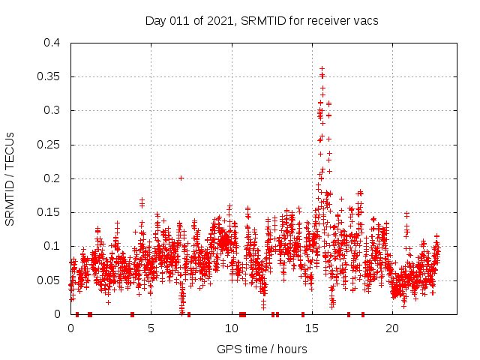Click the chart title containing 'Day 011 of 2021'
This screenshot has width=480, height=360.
[262, 21]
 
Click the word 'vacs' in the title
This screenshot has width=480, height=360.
[366, 21]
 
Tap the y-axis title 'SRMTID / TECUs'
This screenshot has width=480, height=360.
[10, 178]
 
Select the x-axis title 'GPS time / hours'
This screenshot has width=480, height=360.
[262, 349]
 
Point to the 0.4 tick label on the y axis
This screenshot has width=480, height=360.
[52, 43]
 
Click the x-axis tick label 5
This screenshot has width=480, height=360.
[151, 328]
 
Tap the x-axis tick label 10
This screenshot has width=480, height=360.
[231, 328]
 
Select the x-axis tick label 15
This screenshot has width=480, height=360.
[312, 328]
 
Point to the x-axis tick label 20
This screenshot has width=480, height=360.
[392, 328]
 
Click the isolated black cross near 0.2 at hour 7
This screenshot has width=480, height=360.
[181, 178]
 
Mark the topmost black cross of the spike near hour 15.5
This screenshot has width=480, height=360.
[322, 68]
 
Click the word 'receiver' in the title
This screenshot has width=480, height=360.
[328, 21]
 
